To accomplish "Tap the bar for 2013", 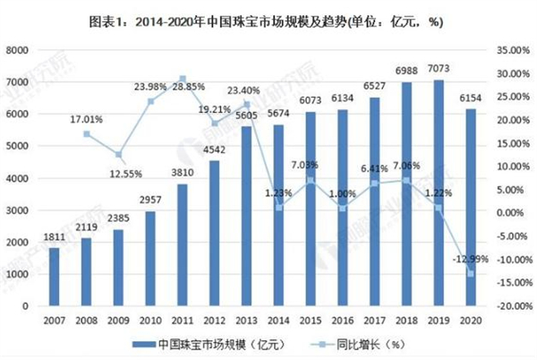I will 243,216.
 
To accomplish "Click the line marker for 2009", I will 117,154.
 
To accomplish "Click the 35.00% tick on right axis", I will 511,52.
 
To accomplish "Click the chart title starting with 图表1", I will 268,18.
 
